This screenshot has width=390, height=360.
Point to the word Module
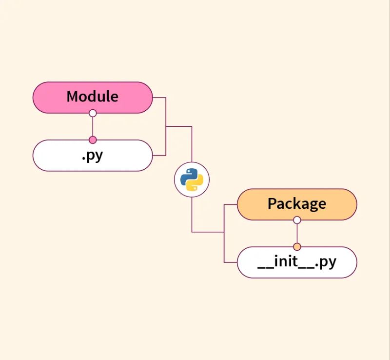92,96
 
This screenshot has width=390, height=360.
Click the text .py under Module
92,156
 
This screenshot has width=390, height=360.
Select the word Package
296,203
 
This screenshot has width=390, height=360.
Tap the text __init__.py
296,262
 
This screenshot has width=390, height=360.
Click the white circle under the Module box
93,113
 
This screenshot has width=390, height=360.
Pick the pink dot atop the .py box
93,140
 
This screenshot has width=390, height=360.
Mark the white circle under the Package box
297,220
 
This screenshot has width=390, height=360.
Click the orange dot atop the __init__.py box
297,247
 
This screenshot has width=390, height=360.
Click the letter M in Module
73,96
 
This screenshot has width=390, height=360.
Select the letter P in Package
272,203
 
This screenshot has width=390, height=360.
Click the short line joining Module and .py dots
93,127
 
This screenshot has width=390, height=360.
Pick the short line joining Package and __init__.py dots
297,234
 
